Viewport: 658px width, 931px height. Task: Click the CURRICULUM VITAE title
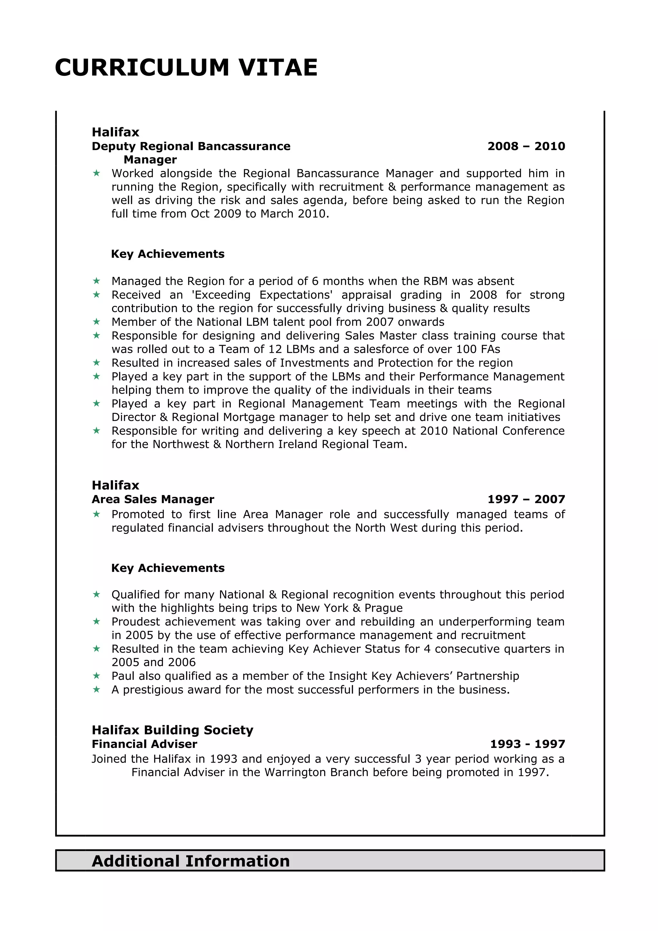point(186,67)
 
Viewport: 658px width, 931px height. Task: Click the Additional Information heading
point(191,861)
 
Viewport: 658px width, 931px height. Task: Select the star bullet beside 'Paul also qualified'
point(96,676)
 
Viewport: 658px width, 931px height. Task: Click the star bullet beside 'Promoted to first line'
point(96,514)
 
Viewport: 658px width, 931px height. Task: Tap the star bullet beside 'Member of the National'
point(96,322)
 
